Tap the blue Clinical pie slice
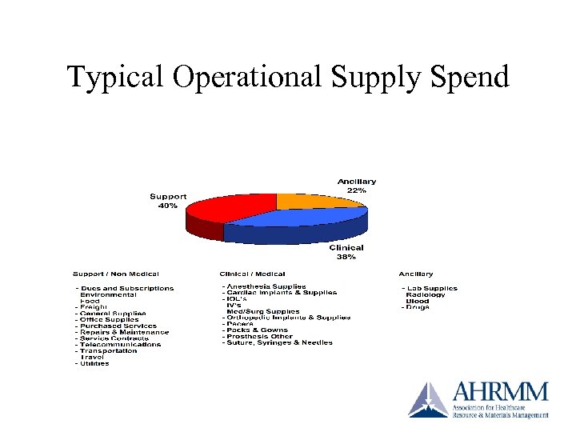[x=308, y=220]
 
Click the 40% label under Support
[x=168, y=206]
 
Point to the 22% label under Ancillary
[x=357, y=190]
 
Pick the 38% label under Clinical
[x=346, y=257]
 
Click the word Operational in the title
[x=244, y=77]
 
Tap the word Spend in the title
[x=470, y=77]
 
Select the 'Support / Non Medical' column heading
[x=116, y=274]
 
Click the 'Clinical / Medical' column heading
[x=253, y=274]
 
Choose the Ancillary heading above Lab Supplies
[x=417, y=274]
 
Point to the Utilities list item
[x=94, y=363]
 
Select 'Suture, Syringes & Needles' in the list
[x=280, y=342]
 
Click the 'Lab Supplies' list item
[x=431, y=288]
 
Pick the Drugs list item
[x=418, y=307]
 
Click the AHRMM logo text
[x=501, y=392]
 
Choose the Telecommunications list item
[x=121, y=345]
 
